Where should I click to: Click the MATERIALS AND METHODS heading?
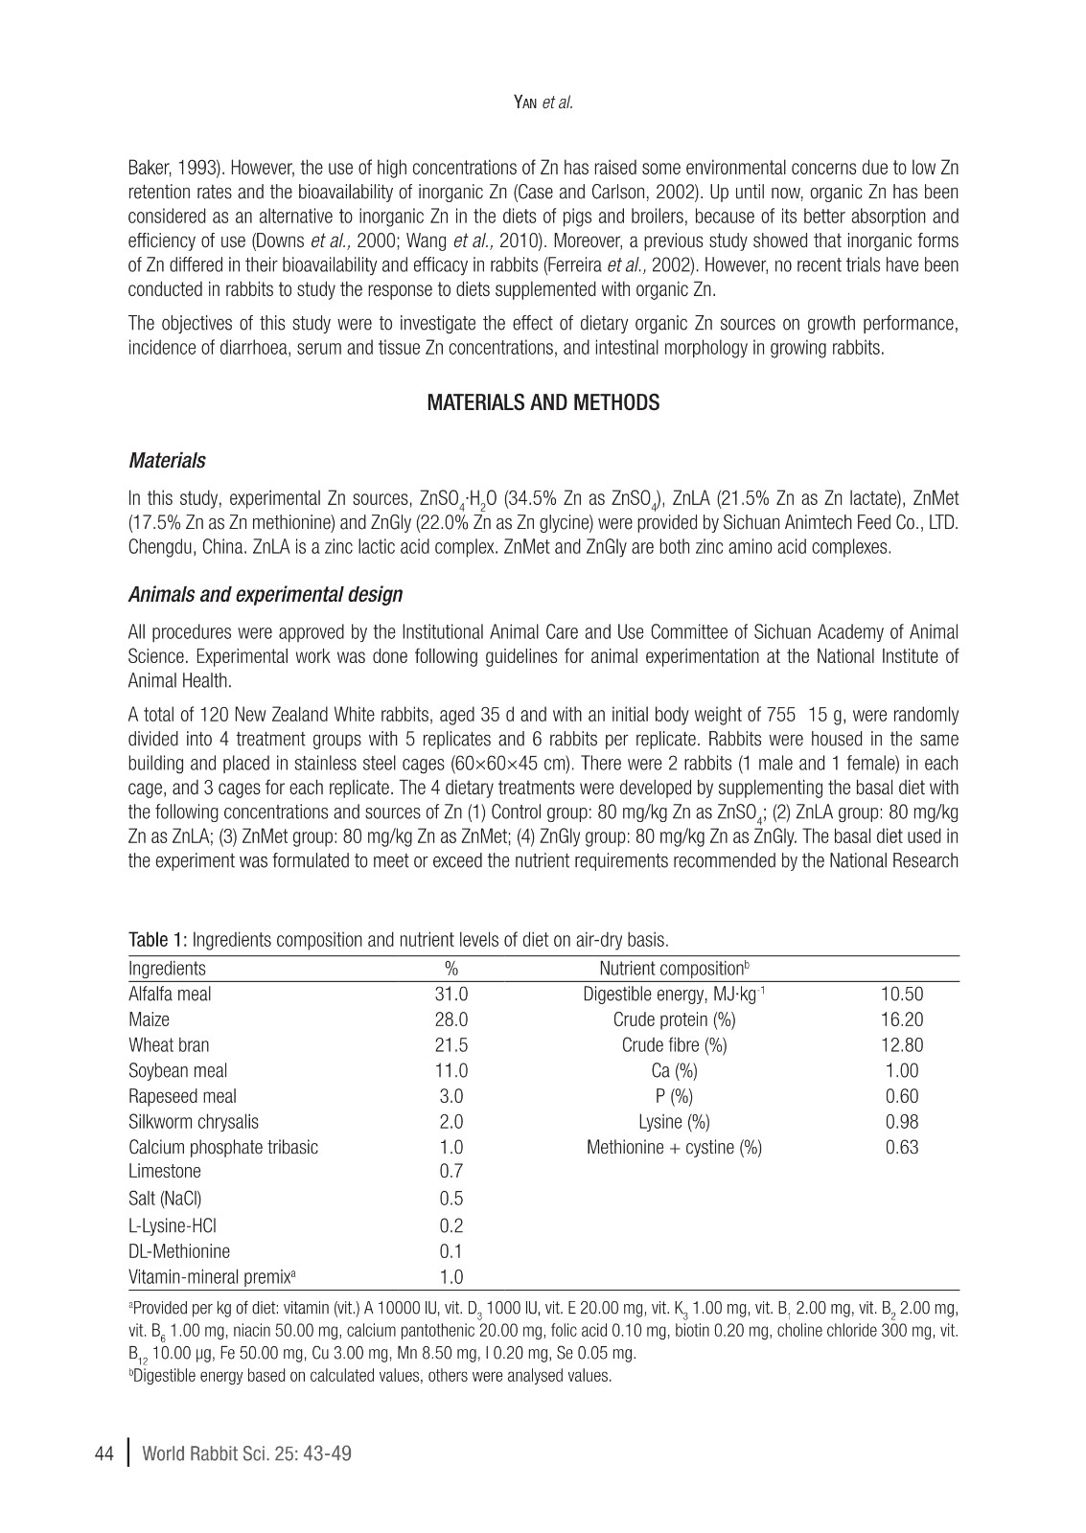543,403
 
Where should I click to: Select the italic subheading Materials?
167,461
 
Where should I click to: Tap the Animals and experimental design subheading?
266,595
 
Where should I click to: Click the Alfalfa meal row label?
170,995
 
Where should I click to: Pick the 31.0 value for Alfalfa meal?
451,995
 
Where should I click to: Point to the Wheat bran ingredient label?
169,1045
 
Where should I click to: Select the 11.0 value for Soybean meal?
451,1071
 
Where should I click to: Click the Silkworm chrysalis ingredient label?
194,1122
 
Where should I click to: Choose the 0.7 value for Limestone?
451,1172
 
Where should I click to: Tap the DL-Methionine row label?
179,1251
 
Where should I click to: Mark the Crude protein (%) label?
674,1019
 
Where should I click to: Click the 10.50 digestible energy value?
901,995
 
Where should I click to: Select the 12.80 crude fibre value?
901,1045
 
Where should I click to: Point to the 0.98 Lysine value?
901,1122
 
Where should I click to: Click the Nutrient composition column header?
673,969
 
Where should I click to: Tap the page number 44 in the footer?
105,1454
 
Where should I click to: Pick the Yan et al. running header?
543,103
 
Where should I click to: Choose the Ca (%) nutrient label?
674,1071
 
